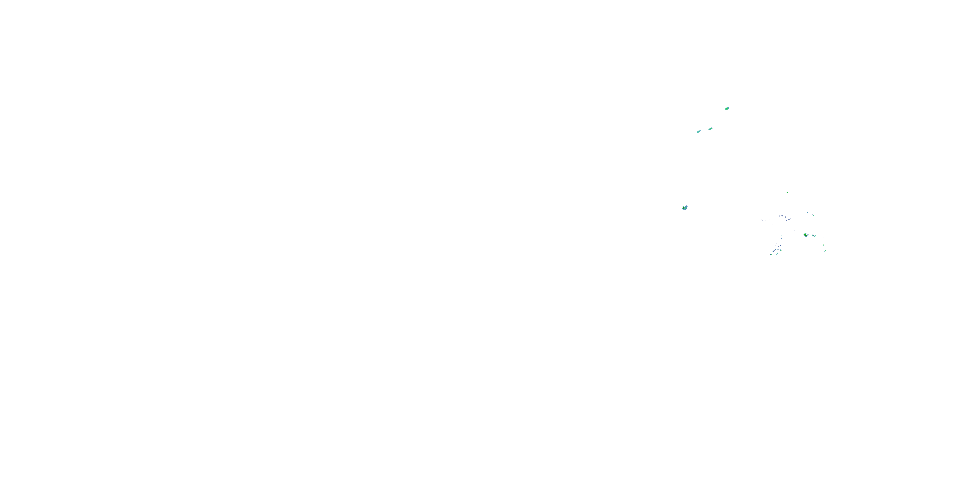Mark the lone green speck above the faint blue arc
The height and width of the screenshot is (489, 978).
(787, 192)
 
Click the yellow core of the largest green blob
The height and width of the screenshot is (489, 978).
(806, 235)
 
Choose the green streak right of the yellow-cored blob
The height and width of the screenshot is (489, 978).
(814, 236)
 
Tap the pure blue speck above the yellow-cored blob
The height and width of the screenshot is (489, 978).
(808, 212)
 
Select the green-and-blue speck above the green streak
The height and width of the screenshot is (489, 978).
(813, 215)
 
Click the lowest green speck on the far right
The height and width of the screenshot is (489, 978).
(825, 251)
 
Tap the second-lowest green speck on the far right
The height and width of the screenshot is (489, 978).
(823, 245)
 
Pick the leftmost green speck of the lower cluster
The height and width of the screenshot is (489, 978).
(771, 254)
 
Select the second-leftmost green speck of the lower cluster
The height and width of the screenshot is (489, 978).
(774, 251)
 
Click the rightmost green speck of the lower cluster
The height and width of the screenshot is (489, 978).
(781, 250)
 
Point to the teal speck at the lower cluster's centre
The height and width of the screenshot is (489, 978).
(778, 249)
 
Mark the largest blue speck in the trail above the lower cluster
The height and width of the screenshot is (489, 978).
(782, 238)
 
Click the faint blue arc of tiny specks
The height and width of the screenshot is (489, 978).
(785, 217)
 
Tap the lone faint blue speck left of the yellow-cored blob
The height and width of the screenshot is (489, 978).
(794, 230)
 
